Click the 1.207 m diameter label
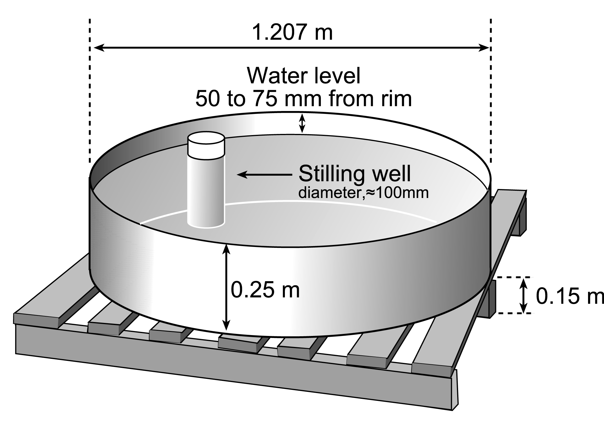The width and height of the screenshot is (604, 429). [x=292, y=32]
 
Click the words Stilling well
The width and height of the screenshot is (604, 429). [x=355, y=174]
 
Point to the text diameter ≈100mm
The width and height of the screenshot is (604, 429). [x=363, y=193]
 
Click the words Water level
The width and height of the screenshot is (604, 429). [x=303, y=76]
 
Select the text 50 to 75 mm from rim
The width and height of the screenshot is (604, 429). [x=303, y=99]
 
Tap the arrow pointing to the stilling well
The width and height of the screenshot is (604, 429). [x=264, y=174]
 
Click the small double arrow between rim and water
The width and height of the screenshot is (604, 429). [x=302, y=123]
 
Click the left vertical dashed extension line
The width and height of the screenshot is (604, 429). [x=90, y=87]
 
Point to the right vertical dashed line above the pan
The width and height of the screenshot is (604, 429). [x=491, y=87]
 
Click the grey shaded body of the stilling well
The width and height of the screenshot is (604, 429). [x=206, y=191]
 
